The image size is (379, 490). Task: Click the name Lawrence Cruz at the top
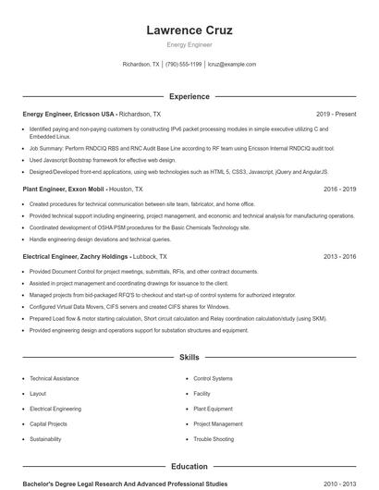pos(189,31)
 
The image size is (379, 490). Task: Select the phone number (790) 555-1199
pos(183,65)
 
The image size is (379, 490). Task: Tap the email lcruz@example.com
pos(232,65)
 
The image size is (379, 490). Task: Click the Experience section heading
pos(189,96)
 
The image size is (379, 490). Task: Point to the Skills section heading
pos(189,356)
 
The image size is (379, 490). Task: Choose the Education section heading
pos(189,467)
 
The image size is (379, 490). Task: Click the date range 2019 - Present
pos(336,114)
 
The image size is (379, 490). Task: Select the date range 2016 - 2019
pos(339,189)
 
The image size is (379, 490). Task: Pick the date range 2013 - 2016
pos(339,256)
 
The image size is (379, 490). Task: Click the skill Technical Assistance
pos(55,378)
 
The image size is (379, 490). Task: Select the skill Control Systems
pos(213,378)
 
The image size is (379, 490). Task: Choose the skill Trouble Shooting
pos(214,439)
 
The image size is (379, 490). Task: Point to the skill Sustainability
pos(47,439)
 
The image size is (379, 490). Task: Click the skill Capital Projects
pos(50,423)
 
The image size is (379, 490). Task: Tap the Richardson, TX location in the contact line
pos(141,65)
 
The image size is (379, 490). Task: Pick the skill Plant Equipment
pos(214,409)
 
